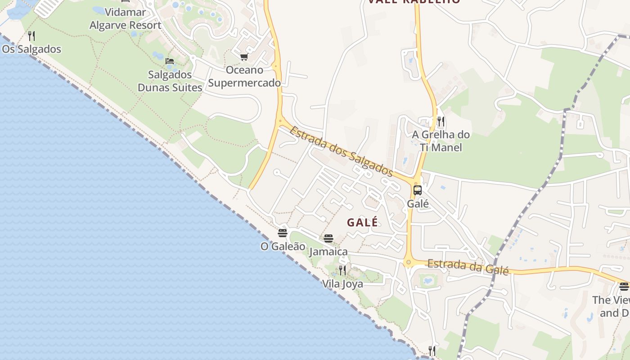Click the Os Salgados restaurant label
(x=31, y=49)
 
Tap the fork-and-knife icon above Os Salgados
(x=31, y=36)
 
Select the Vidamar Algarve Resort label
(x=125, y=18)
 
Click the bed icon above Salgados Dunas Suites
(x=170, y=61)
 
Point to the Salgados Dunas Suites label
(x=170, y=81)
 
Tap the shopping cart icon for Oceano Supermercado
(x=244, y=57)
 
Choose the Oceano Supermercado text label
(x=244, y=76)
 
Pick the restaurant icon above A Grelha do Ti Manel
(x=441, y=121)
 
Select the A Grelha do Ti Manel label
(x=441, y=141)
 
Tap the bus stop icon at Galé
(x=418, y=190)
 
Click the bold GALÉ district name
(x=362, y=222)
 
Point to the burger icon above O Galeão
(x=283, y=233)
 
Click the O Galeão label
(x=283, y=247)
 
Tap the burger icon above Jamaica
(x=328, y=238)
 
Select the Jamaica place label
(x=328, y=252)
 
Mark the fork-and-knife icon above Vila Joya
(x=342, y=270)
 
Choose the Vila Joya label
(x=342, y=284)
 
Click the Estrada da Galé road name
(x=468, y=267)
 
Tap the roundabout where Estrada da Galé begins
(x=409, y=262)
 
